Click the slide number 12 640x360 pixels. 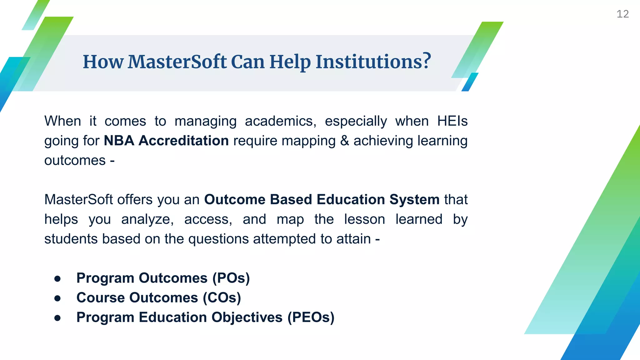pos(622,14)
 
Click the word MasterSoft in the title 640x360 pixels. pos(177,62)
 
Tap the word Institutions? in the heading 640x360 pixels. pos(373,62)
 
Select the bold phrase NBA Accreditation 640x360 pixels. pos(166,141)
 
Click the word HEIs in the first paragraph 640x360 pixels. pos(452,121)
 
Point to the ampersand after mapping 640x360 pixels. pos(344,141)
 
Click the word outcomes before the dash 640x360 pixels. pos(75,161)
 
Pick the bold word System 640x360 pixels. pos(414,200)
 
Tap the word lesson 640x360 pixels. pos(364,219)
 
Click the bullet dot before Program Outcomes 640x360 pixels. pos(57,278)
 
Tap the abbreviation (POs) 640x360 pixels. pos(231,278)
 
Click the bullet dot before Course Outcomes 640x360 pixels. pos(57,298)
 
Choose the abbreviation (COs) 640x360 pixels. pos(222,298)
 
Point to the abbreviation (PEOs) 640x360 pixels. pos(311,317)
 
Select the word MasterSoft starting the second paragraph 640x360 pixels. pos(78,200)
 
